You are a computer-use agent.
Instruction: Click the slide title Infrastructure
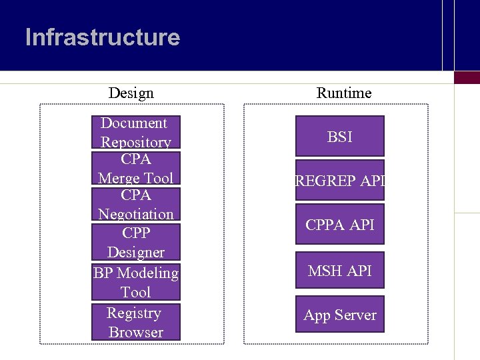(x=103, y=37)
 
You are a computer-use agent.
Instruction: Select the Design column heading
(x=131, y=93)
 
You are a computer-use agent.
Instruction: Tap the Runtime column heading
(x=343, y=93)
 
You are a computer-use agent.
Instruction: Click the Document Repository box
(x=135, y=132)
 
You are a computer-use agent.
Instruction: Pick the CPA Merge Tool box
(x=135, y=169)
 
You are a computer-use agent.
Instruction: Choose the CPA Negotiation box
(x=135, y=205)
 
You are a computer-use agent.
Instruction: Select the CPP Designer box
(x=135, y=242)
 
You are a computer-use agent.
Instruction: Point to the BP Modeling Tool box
(x=135, y=282)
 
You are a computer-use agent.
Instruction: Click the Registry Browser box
(x=135, y=322)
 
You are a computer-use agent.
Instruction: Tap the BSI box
(x=340, y=137)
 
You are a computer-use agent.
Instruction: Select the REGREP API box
(x=340, y=179)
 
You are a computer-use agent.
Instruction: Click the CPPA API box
(x=340, y=225)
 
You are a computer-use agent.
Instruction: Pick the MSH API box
(x=340, y=271)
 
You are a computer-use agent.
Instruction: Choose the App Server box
(x=340, y=315)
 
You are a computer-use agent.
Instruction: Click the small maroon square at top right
(x=467, y=77)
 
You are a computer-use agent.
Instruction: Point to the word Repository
(x=135, y=142)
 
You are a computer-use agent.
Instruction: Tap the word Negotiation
(x=135, y=214)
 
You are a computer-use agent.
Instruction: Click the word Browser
(x=135, y=332)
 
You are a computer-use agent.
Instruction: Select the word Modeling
(x=147, y=273)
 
